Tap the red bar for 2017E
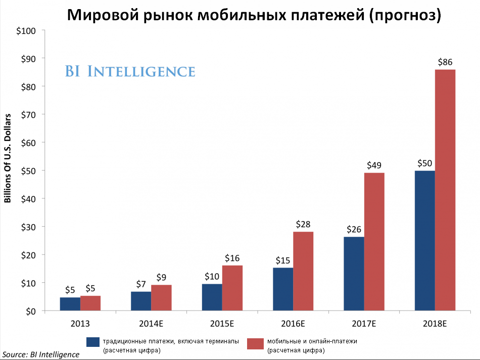click(x=374, y=242)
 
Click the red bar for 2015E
click(x=232, y=288)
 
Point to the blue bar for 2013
click(x=70, y=304)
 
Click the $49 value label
click(x=374, y=165)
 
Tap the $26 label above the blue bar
click(x=354, y=229)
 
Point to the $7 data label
click(x=141, y=284)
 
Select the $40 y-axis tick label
click(x=27, y=198)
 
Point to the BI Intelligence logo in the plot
click(x=130, y=71)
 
